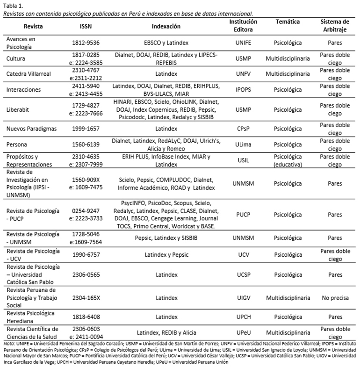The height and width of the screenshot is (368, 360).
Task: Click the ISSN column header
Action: pos(88,26)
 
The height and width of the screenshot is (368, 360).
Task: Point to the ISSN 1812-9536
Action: pos(89,43)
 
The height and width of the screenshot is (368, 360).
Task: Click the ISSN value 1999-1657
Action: pos(89,128)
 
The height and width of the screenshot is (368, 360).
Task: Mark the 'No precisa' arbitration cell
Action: pos(336,298)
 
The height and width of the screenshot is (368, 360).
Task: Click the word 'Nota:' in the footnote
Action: pos(9,344)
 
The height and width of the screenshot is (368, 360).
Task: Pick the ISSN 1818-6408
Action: pos(89,317)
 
